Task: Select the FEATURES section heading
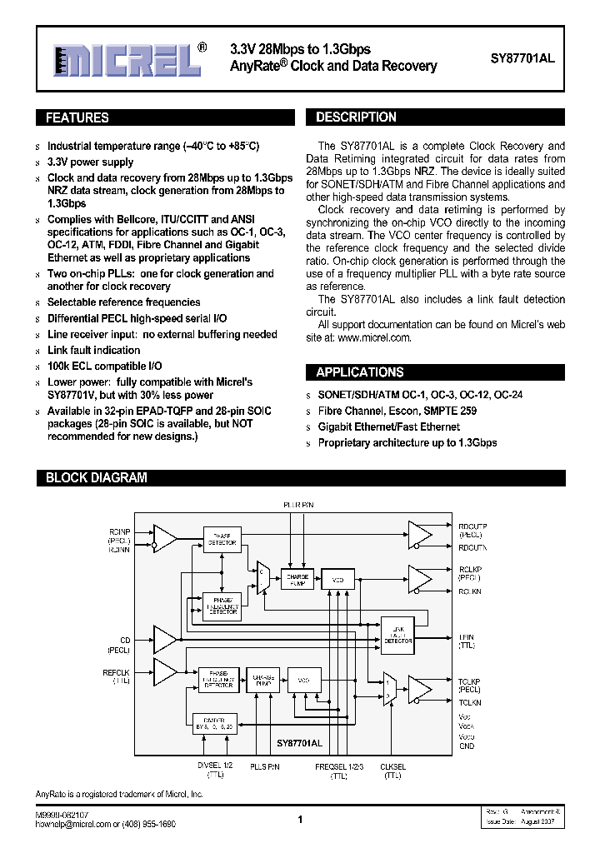pos(77,117)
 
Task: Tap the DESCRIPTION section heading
pos(357,117)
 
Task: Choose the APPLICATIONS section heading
pos(360,372)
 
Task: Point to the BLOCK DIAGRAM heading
pos(96,478)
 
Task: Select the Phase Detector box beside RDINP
pos(222,538)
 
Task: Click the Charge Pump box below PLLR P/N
pos(297,581)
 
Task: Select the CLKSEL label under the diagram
pos(392,766)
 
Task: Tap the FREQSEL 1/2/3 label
pos(338,766)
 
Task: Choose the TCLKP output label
pos(470,681)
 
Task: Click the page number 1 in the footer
pos(299,820)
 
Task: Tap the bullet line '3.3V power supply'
pos(90,162)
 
